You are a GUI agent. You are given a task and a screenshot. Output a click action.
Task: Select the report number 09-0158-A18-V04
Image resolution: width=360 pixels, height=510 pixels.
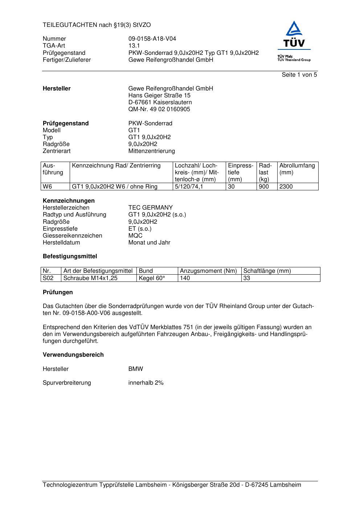click(x=152, y=39)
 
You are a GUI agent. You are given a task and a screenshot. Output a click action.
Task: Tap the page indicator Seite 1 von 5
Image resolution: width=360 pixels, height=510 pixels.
click(x=299, y=75)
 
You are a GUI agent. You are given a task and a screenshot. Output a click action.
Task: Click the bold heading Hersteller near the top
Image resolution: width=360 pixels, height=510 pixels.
click(x=57, y=89)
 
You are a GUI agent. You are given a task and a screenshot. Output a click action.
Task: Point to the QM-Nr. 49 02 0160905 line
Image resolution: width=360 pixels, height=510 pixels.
click(x=159, y=109)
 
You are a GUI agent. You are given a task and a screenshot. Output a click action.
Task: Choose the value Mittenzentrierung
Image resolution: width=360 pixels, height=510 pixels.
click(x=151, y=151)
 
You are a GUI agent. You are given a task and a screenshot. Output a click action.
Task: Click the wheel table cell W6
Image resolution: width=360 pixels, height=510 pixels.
click(x=48, y=187)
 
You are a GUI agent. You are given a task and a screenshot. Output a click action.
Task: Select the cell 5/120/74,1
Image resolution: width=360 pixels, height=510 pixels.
click(x=189, y=187)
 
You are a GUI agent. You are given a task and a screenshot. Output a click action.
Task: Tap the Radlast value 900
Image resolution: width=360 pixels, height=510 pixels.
click(x=264, y=187)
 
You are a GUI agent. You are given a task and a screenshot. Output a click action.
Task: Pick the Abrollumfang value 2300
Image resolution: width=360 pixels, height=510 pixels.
click(x=286, y=187)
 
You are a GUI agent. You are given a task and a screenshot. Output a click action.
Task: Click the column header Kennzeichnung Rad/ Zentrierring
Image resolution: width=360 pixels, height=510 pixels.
click(x=116, y=166)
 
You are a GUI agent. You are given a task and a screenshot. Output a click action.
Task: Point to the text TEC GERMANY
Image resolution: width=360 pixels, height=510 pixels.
click(x=150, y=208)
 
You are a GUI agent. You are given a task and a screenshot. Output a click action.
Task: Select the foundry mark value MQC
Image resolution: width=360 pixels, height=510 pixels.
click(x=135, y=235)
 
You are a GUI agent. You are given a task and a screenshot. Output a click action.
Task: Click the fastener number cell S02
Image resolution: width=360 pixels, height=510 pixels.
click(x=48, y=278)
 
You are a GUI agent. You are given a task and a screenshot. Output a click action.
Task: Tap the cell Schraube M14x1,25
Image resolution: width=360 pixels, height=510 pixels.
click(x=90, y=278)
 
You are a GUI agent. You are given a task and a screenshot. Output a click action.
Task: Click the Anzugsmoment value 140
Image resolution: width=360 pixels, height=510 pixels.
click(x=185, y=278)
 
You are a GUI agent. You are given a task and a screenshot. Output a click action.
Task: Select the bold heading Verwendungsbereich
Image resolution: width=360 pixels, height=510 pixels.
click(x=73, y=355)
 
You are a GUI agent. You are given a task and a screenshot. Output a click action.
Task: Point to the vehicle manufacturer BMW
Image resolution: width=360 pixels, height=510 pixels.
click(x=136, y=369)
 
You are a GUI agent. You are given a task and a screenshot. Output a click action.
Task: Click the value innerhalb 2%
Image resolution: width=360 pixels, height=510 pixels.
click(x=146, y=383)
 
